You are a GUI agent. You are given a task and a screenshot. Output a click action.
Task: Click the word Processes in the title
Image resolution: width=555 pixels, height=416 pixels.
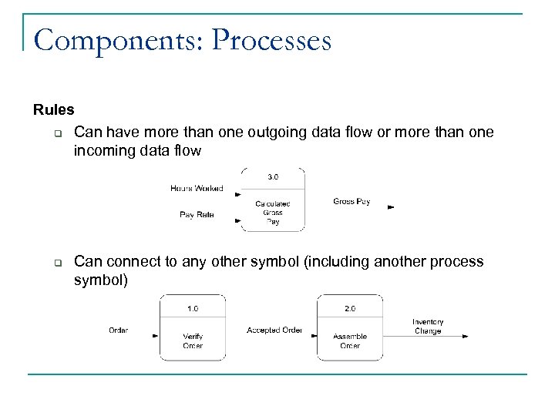point(271,40)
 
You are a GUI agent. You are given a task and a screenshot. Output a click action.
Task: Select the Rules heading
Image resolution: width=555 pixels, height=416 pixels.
point(54,110)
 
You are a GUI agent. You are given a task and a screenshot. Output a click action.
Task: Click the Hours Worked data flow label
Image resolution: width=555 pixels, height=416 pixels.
point(197,188)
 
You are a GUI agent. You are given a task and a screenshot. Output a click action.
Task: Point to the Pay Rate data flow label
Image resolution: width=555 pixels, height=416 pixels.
point(197,215)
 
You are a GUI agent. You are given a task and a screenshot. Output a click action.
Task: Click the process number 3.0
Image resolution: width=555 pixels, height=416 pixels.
point(273,177)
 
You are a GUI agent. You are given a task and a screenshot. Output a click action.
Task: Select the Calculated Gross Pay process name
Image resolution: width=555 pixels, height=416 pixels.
point(273,213)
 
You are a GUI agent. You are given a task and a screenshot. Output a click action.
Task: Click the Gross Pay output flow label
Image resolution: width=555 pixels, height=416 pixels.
point(351,202)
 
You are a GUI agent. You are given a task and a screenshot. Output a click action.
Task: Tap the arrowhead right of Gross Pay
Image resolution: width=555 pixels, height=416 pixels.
point(392,207)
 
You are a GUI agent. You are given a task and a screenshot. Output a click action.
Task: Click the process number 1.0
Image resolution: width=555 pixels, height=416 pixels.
point(193,308)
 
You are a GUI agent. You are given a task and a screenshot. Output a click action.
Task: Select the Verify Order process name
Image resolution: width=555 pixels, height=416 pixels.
point(193,341)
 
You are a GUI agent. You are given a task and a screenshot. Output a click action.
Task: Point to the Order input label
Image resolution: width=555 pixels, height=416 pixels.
point(118,330)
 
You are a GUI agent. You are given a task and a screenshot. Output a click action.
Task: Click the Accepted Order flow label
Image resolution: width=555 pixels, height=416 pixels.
point(274,330)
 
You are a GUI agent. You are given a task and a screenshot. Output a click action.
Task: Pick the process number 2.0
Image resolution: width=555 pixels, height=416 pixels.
point(350,308)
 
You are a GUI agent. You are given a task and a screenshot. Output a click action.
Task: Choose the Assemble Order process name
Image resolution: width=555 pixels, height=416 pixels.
point(350,341)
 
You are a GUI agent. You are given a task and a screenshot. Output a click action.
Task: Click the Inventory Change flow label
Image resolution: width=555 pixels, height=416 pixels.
point(428,327)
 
